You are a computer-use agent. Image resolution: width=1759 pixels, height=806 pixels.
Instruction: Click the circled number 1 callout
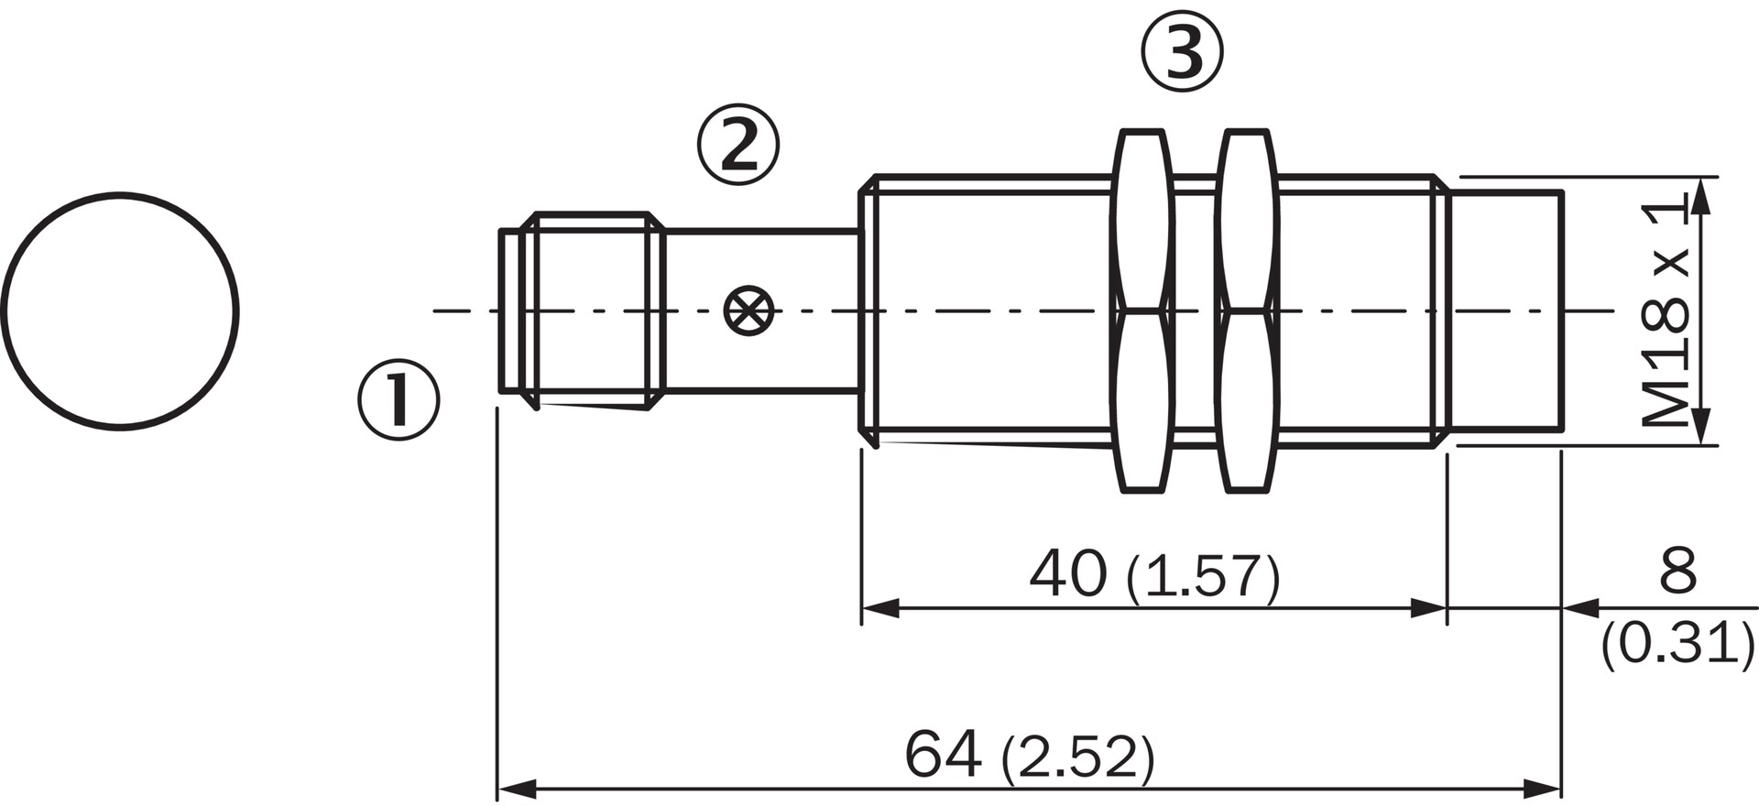(x=399, y=400)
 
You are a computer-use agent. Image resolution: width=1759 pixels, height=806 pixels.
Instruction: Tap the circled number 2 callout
(x=738, y=147)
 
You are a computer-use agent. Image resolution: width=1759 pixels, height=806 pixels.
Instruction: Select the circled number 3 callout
(x=1182, y=51)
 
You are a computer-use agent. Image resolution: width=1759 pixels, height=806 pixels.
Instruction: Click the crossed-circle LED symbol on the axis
(x=748, y=311)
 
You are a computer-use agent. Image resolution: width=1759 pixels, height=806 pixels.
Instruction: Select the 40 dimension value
(x=1067, y=575)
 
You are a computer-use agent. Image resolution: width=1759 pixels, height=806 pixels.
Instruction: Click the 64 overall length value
(x=943, y=754)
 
